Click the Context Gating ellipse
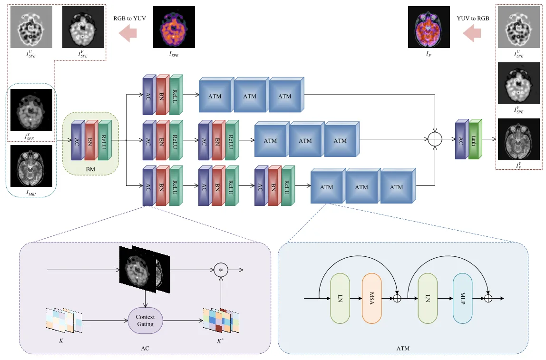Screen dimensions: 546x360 pyautogui.click(x=145, y=321)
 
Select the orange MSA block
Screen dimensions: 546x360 pyautogui.click(x=371, y=298)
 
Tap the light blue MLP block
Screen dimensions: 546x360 pyautogui.click(x=462, y=298)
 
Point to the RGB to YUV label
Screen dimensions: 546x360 pyautogui.click(x=129, y=19)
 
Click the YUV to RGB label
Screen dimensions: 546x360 pyautogui.click(x=473, y=19)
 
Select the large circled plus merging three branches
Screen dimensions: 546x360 pyautogui.click(x=435, y=139)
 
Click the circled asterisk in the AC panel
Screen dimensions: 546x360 pyautogui.click(x=221, y=270)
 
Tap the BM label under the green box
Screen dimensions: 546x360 pyautogui.click(x=90, y=169)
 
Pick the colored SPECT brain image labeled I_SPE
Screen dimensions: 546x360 pyautogui.click(x=174, y=27)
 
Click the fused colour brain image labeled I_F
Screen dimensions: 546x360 pyautogui.click(x=429, y=27)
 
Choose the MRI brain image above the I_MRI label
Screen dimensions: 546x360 pyautogui.click(x=31, y=165)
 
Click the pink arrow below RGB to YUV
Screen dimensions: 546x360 pyautogui.click(x=128, y=33)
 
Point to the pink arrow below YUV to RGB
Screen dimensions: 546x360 pyautogui.click(x=472, y=33)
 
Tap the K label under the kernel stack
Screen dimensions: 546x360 pyautogui.click(x=61, y=341)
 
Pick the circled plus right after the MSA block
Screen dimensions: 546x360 pyautogui.click(x=397, y=298)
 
